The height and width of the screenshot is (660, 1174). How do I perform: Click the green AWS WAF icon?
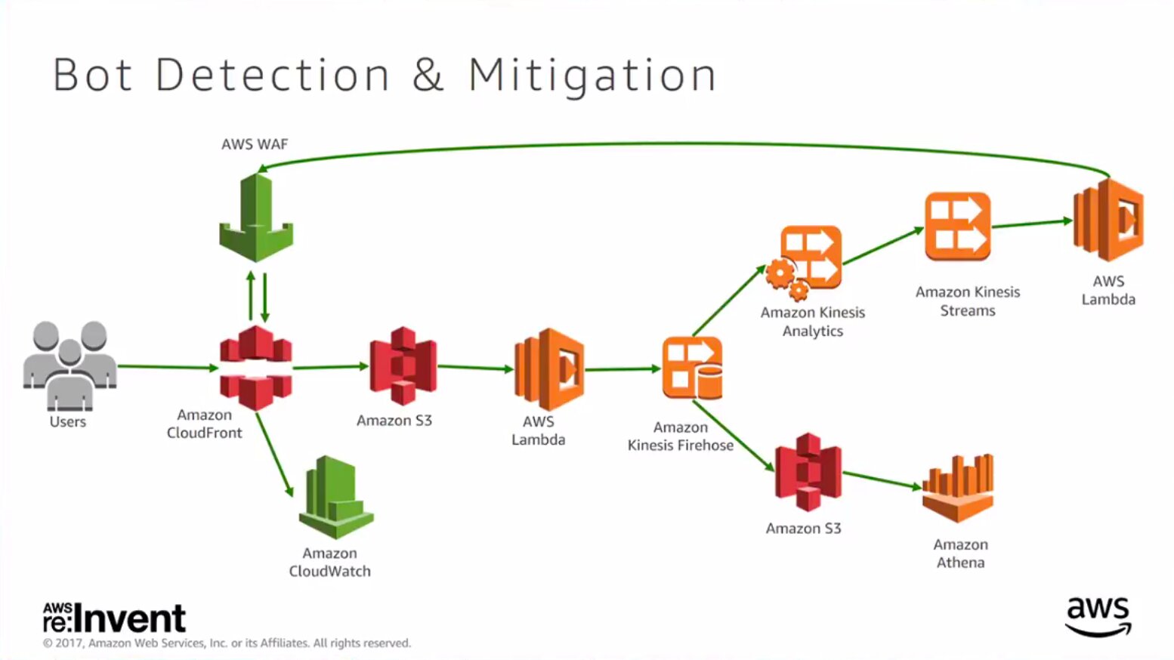pos(256,218)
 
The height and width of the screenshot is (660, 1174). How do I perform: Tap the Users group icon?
pos(70,366)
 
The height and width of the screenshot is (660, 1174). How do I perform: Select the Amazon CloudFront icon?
pos(256,368)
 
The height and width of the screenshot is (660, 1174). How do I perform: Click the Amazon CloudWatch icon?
pos(336,497)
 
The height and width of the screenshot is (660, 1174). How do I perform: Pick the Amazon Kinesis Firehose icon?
pos(692,369)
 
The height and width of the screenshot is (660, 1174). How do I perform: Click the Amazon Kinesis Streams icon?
pos(957,227)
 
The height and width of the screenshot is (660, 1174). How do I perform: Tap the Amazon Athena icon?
pos(958,488)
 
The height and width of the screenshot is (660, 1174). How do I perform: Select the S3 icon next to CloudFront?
pos(403,366)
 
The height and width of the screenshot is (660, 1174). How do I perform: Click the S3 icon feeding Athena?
pos(808,472)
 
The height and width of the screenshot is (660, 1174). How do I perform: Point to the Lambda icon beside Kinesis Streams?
pos(1108,220)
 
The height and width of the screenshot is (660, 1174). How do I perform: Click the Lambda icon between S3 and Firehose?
pos(549,369)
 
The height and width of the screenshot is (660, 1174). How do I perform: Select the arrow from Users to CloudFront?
pos(168,367)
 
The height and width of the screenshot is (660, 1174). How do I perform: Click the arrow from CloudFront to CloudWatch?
pos(275,455)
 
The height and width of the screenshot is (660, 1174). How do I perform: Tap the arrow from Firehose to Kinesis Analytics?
pos(729,300)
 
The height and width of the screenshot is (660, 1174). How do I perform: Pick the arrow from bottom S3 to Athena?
pos(882,481)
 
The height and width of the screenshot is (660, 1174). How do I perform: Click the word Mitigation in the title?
pos(592,76)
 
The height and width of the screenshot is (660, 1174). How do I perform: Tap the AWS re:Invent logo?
pos(114,618)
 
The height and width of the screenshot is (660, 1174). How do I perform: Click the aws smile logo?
pos(1098,617)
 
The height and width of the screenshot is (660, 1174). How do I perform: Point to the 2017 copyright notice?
pos(227,643)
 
